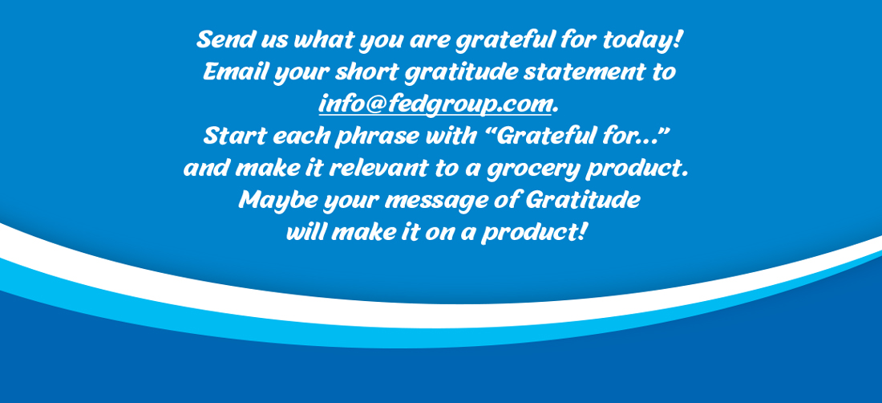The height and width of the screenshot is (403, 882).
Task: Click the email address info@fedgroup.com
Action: point(435,105)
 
